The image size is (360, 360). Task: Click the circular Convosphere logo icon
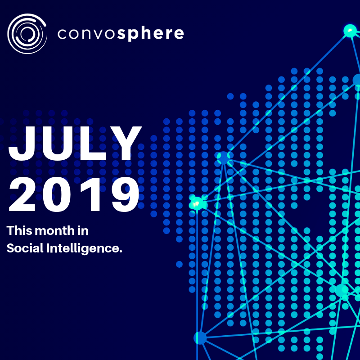click(x=27, y=33)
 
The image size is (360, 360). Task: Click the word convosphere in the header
click(x=121, y=33)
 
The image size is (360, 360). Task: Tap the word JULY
click(x=75, y=143)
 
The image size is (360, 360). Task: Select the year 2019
click(x=74, y=194)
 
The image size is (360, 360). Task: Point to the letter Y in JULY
click(x=127, y=143)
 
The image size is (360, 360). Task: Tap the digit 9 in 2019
click(x=125, y=194)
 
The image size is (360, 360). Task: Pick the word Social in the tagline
click(x=25, y=248)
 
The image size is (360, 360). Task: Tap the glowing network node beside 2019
click(x=197, y=203)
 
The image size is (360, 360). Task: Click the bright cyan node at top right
click(x=350, y=31)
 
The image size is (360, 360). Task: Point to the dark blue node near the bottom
click(x=200, y=338)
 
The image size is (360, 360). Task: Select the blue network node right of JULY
click(x=223, y=157)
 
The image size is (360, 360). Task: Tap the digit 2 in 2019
click(x=22, y=194)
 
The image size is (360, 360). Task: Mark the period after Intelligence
click(x=121, y=252)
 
